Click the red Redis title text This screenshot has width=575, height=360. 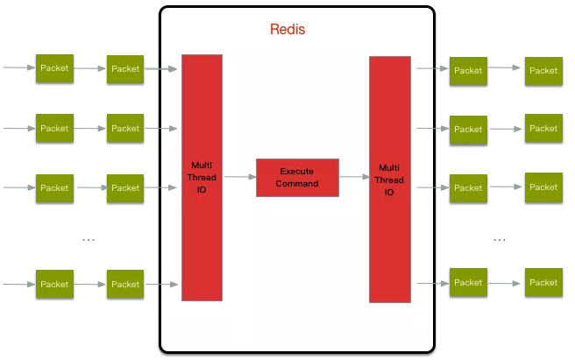point(287,29)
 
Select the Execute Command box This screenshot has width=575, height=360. point(297,178)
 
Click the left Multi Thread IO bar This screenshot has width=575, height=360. point(202,178)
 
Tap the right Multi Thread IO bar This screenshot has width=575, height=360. point(390,180)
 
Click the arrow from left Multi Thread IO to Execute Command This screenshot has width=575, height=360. point(240,177)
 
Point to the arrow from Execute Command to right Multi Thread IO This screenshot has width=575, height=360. point(354,177)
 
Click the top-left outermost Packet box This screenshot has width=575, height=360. point(54,68)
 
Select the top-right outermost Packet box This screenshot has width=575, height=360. point(543,71)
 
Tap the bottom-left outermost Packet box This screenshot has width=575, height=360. point(54,284)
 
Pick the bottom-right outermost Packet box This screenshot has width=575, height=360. point(543,282)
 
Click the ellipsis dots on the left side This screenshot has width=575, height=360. point(89,240)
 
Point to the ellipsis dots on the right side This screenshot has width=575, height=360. point(500,240)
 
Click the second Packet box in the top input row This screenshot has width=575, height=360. point(125,69)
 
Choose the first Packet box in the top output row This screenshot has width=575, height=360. point(468,71)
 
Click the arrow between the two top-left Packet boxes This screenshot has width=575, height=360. point(89,68)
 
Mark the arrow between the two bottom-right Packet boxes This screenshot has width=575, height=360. point(505,284)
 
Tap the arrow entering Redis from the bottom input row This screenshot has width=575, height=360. point(161,284)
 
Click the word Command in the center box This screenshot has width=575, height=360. point(297,184)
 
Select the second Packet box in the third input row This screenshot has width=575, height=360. point(125,188)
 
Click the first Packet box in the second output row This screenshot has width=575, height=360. point(468,130)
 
